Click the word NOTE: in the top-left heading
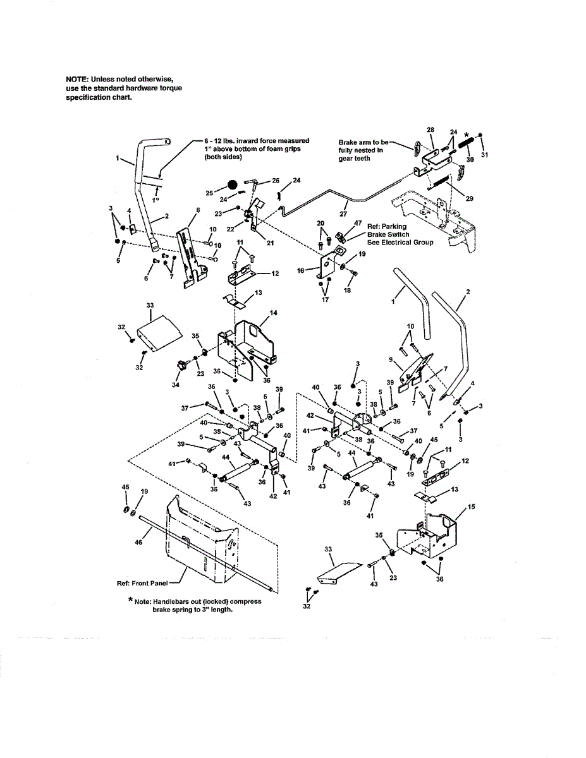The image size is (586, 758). click(78, 79)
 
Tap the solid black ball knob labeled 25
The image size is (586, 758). click(233, 186)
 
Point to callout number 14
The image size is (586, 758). click(272, 313)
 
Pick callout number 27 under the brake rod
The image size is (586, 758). click(343, 214)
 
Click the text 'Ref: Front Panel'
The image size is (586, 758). click(143, 583)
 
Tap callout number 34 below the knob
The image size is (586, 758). click(176, 385)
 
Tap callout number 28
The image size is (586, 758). click(430, 129)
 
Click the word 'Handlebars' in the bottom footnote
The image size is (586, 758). click(166, 601)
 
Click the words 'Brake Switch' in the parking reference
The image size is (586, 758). click(388, 235)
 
